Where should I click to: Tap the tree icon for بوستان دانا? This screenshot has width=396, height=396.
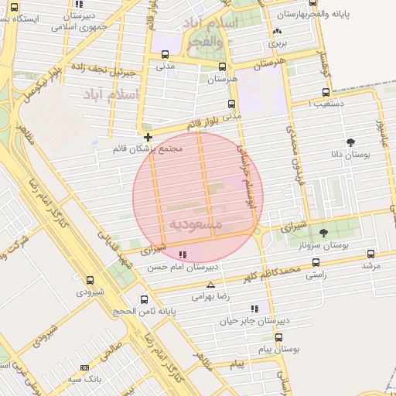pyautogui.click(x=351, y=142)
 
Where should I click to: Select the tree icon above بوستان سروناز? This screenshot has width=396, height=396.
pyautogui.click(x=323, y=233)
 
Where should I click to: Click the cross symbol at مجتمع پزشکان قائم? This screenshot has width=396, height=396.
pyautogui.click(x=148, y=137)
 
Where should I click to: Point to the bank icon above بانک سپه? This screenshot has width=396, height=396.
pyautogui.click(x=84, y=367)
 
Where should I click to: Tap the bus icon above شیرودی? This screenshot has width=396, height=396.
pyautogui.click(x=90, y=281)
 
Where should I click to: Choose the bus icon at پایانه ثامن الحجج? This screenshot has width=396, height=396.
pyautogui.click(x=143, y=299)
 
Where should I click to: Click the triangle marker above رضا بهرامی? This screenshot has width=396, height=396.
pyautogui.click(x=211, y=285)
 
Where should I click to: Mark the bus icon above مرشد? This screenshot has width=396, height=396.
pyautogui.click(x=371, y=254)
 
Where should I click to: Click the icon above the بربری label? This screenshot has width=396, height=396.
pyautogui.click(x=277, y=32)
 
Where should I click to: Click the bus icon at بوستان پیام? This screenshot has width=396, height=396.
pyautogui.click(x=279, y=337)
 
